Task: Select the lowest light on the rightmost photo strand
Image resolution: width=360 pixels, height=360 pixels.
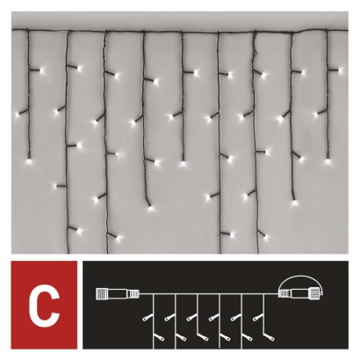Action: click(x=327, y=161)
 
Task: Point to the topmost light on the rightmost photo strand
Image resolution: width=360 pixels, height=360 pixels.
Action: click(x=339, y=68)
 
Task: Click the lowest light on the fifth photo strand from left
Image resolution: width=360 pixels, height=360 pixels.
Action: click(x=183, y=162)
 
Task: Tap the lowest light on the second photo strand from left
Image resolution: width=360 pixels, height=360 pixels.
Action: click(x=61, y=184)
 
